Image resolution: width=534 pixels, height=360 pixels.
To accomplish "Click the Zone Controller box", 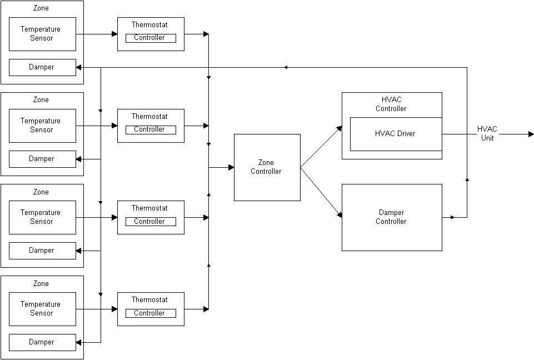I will (267, 167).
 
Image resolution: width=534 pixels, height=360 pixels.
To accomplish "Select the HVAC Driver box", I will (396, 134).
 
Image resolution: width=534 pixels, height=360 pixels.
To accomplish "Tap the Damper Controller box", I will (392, 217).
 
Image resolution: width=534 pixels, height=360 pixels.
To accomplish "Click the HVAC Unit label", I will (487, 133).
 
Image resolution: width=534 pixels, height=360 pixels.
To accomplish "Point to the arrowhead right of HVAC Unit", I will (531, 134).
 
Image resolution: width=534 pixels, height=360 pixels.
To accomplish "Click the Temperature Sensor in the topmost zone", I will (42, 34).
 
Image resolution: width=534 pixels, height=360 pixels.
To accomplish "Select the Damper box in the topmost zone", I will (42, 67).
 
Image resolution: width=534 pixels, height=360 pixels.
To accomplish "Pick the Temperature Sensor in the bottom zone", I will (42, 309).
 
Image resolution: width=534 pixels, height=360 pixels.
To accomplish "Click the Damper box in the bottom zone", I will (42, 342).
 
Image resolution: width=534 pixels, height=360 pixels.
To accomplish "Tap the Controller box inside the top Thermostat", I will (150, 38).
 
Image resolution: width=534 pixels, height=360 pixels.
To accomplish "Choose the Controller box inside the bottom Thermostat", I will (150, 313).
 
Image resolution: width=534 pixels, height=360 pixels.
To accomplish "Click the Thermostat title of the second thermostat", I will (149, 117).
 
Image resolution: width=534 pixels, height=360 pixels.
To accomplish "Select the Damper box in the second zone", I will (42, 159).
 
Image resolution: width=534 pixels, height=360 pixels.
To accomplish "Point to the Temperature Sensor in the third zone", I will (42, 217).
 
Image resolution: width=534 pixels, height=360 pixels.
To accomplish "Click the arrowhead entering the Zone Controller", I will (231, 167).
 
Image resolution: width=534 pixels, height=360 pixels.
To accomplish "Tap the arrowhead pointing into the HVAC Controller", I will (339, 128).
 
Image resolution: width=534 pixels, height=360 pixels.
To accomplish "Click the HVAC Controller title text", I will (391, 104).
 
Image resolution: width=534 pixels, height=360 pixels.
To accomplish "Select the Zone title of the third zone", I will (41, 192).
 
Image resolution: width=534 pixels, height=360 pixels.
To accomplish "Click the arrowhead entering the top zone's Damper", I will (79, 67).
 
